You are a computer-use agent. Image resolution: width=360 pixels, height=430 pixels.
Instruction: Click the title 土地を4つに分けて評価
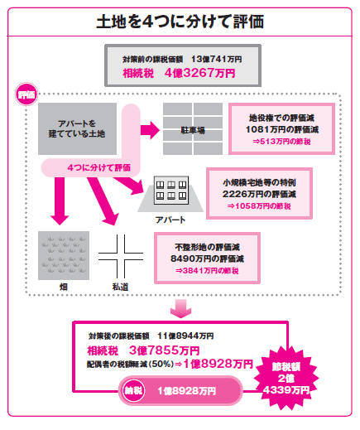coord(180,22)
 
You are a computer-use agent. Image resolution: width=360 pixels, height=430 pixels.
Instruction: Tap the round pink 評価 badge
coord(26,94)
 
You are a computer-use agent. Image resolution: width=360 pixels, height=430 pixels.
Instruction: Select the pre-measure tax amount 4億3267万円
coord(199,73)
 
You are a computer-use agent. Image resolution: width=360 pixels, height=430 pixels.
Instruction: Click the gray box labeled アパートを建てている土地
coord(77,128)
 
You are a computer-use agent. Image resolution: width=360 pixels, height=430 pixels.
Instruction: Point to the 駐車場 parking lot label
coord(193,130)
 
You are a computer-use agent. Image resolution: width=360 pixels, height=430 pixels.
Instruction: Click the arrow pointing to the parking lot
coord(150,130)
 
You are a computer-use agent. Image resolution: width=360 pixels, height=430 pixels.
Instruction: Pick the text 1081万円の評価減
coord(282,129)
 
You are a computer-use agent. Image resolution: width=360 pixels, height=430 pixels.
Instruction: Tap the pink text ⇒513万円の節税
coord(281,142)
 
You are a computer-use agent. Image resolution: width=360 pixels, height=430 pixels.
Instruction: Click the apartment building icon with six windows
coord(171,191)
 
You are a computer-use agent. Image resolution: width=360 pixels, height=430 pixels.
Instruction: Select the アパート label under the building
coord(170,220)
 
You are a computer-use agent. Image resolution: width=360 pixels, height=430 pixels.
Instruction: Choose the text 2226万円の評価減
coord(259,194)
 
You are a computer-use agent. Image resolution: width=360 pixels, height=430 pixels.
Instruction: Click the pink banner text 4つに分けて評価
coord(99,167)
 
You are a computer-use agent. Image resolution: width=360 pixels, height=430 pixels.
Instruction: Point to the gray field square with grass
coord(64,255)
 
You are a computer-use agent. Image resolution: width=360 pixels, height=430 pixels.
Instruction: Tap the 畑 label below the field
coord(64,287)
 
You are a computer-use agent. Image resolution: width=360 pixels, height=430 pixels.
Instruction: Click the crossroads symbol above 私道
coord(121,256)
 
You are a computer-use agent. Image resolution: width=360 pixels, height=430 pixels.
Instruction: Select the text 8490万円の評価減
coord(207,258)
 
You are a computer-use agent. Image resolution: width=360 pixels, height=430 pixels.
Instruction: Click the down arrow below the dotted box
coord(180,308)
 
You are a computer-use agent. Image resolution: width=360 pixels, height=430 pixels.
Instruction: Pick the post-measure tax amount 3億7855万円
coord(164,350)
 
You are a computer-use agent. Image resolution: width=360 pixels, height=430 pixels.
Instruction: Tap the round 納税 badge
coord(133,390)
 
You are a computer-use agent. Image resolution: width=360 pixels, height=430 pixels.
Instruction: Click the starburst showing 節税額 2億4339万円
coord(286,378)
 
